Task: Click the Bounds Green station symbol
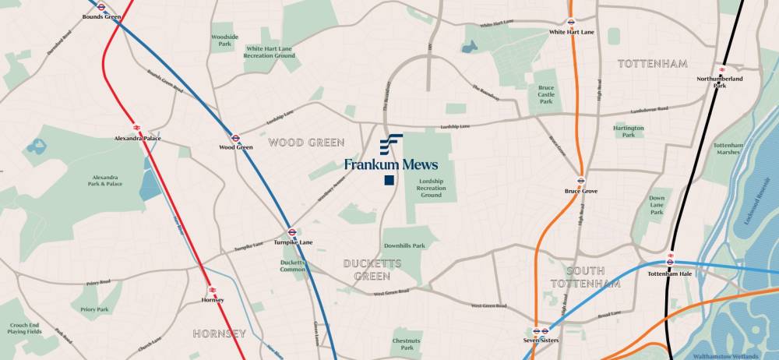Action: click(101, 6)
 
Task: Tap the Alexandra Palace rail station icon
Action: click(136, 126)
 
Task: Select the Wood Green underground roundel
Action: click(235, 136)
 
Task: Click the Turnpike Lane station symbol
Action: click(291, 231)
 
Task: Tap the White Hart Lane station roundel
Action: click(571, 23)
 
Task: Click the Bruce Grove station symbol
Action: click(580, 180)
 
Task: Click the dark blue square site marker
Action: click(388, 181)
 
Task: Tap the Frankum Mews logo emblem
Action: click(390, 144)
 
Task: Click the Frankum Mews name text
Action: click(391, 164)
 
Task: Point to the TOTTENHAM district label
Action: click(653, 63)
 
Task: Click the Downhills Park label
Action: click(404, 245)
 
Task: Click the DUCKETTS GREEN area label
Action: click(372, 270)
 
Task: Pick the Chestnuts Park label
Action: click(407, 344)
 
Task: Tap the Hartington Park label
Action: click(629, 131)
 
